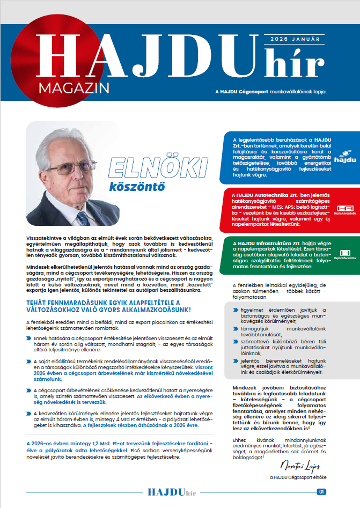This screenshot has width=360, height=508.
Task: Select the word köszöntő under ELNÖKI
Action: point(136,188)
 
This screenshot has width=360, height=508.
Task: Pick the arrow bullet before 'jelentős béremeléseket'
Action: point(235,362)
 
